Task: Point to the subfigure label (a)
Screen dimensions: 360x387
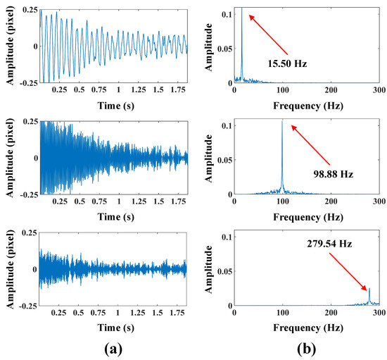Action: point(113,348)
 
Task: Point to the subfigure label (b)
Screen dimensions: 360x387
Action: point(308,348)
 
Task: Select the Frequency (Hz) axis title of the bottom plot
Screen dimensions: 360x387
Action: point(306,325)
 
